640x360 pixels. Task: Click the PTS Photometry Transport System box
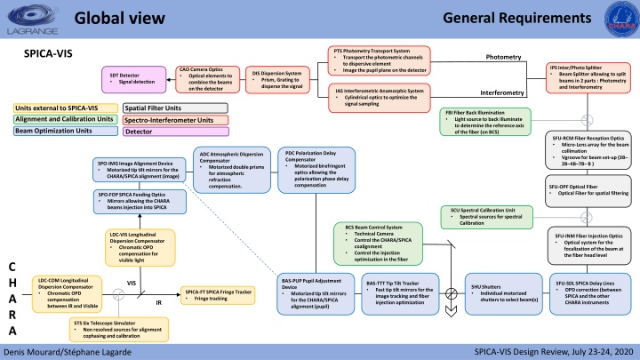coord(380,60)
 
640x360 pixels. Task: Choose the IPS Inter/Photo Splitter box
coord(590,74)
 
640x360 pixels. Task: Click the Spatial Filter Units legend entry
coord(175,108)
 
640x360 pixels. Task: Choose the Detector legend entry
coord(175,132)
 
